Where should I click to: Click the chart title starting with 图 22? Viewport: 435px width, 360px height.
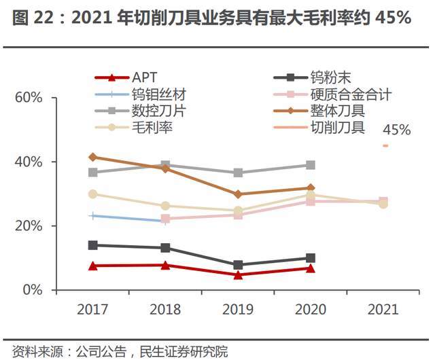(211, 19)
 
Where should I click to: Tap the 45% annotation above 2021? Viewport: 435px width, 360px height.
(396, 130)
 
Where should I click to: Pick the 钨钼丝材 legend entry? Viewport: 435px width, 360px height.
(159, 94)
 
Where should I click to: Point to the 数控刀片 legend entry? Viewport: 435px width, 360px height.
(159, 111)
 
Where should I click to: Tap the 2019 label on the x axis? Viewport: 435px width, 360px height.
(238, 310)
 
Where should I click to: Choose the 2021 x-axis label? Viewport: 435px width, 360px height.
(383, 310)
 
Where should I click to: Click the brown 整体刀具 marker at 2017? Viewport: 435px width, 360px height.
(93, 157)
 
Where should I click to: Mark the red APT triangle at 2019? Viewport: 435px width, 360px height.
(238, 275)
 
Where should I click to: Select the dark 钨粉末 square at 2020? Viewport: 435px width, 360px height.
(311, 258)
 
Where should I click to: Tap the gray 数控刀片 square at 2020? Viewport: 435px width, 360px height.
(311, 165)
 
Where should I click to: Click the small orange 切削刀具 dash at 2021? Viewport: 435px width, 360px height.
(385, 145)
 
